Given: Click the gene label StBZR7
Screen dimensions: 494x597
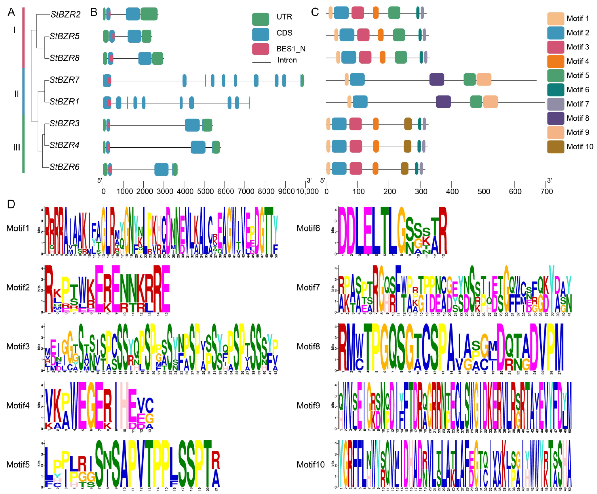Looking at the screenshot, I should [64, 80].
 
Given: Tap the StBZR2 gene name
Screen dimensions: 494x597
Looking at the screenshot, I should [65, 14].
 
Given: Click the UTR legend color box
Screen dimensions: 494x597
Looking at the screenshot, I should [260, 19].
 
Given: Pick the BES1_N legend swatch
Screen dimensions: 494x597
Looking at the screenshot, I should [260, 49].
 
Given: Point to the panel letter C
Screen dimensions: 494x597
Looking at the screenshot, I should [315, 12].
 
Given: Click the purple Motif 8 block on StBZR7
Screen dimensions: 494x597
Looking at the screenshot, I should [437, 79].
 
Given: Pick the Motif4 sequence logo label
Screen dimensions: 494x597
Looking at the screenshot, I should [18, 405].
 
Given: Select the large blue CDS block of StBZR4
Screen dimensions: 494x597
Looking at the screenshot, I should [198, 147].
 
